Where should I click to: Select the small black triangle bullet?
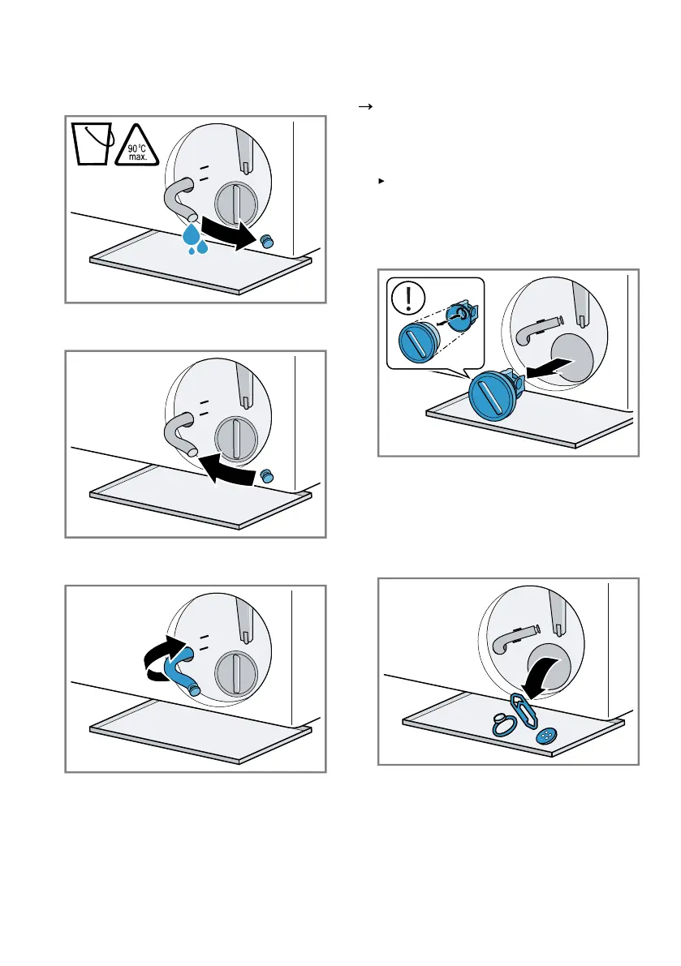380,180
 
